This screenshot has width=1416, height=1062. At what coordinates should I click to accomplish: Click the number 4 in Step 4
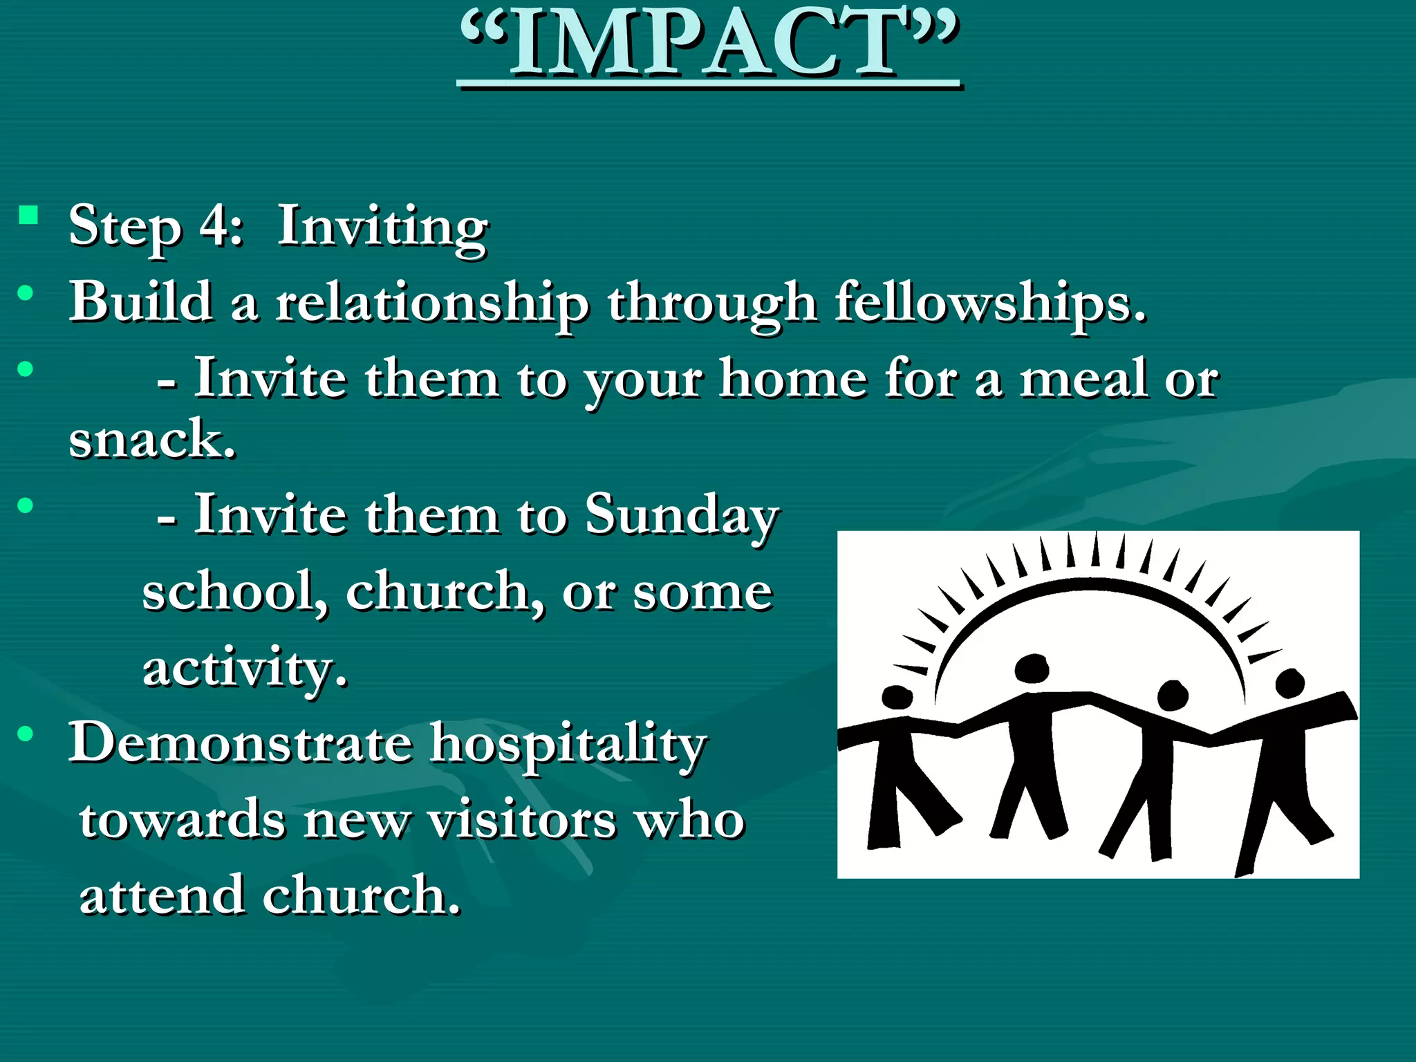coord(214,226)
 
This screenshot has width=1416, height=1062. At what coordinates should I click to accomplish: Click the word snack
coord(152,439)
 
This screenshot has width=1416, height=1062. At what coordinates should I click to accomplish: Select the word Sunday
coord(682,516)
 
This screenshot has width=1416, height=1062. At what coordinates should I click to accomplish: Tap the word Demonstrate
coord(240,743)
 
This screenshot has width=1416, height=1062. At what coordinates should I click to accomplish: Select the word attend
coord(162,895)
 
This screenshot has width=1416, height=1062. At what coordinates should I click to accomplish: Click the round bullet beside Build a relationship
coord(26,293)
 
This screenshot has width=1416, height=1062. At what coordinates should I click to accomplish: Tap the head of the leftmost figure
coord(897,698)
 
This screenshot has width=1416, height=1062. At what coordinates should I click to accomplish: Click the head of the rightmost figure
coord(1289,683)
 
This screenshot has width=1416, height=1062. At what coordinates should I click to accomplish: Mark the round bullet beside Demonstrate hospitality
coord(26,734)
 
